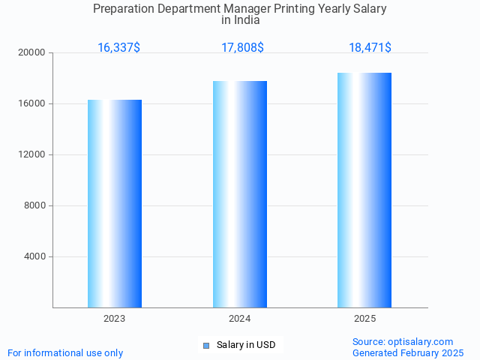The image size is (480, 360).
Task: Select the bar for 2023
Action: coord(115,203)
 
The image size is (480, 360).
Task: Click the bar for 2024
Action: coord(240,194)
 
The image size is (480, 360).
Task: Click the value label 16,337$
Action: coord(118,48)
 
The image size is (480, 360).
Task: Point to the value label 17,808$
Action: coord(242,48)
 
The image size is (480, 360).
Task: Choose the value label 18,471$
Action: coord(370,48)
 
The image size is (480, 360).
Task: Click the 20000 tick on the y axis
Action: coord(33,52)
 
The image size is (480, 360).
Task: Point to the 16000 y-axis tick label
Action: coord(33,103)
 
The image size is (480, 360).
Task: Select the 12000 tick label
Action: coord(33,154)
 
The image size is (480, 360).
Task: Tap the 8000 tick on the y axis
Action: coord(35,205)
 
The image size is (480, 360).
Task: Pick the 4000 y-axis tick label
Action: coord(35,256)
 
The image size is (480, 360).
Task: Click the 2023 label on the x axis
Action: coord(115,319)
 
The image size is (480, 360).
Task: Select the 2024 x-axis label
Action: coord(240,319)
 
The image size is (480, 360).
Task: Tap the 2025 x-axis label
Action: coord(364,319)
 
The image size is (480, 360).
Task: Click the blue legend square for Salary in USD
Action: coord(206,346)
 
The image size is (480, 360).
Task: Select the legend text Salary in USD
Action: coord(246,345)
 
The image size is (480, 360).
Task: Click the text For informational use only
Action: coord(65,352)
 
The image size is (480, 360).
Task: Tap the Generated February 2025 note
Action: coord(408,352)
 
